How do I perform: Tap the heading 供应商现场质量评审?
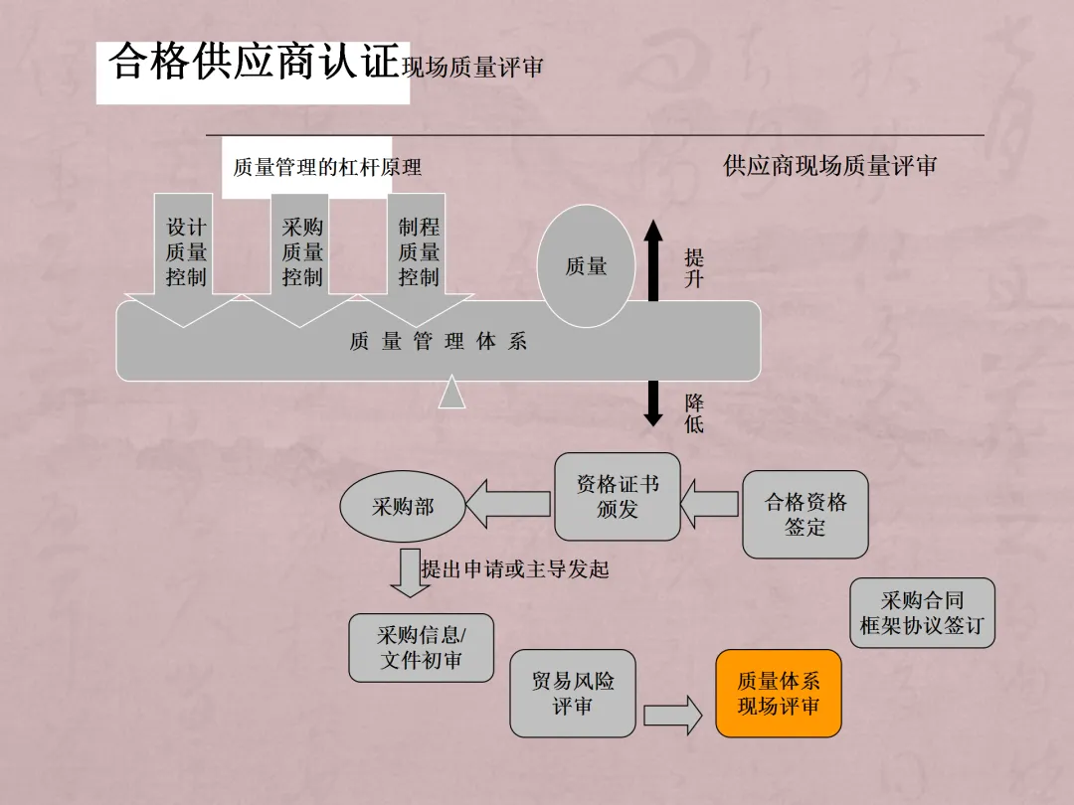829,166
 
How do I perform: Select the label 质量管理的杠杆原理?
327,167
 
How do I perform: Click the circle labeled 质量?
586,265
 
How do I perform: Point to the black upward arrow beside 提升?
653,260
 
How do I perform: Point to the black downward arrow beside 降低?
653,403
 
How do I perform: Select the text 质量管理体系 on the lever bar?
439,342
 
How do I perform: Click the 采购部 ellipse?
403,507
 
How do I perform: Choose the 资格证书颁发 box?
617,497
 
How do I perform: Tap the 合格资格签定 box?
805,514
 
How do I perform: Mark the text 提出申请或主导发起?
514,569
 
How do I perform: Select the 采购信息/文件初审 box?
421,648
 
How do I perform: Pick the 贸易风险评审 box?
572,694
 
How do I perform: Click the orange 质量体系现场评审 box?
778,694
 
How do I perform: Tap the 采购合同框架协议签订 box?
922,613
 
